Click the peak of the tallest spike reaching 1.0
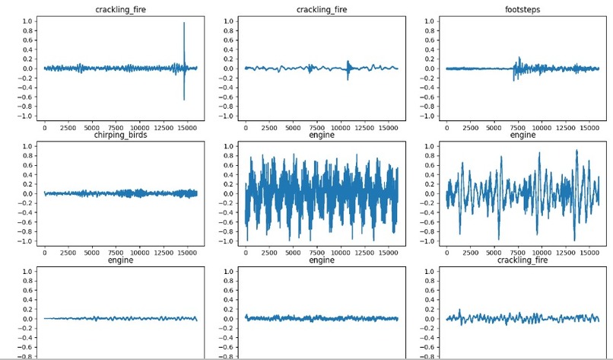click(x=184, y=23)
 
